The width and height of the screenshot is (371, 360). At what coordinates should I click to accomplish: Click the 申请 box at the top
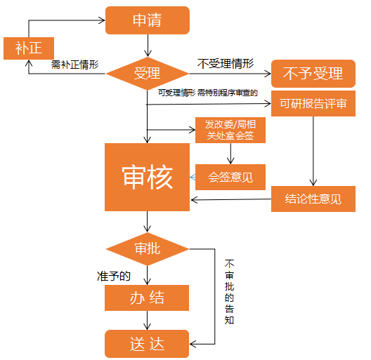pos(148,20)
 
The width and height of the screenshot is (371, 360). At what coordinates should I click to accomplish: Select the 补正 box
pos(29,48)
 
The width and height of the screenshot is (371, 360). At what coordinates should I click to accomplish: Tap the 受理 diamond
pos(148,74)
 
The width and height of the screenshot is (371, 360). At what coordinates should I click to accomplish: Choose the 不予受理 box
pos(313,74)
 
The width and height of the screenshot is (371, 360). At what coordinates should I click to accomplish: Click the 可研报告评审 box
pos(313,104)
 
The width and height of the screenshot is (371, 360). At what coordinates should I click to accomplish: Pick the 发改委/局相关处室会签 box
pos(230,130)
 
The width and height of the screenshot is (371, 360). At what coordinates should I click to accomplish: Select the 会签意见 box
pos(230,177)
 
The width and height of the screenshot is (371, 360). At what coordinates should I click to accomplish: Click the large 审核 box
pos(147,177)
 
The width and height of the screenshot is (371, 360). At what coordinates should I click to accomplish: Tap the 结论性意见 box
pos(313,199)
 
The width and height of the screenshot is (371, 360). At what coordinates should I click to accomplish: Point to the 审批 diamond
pos(148,249)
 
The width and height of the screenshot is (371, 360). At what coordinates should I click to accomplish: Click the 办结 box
pos(147,298)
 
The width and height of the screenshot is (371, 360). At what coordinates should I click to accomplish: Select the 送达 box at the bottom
pos(147,344)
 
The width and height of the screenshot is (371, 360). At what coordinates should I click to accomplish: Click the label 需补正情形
pos(74,65)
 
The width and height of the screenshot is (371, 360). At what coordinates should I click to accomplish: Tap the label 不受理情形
pos(226,64)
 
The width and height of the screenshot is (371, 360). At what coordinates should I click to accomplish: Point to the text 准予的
pos(114,276)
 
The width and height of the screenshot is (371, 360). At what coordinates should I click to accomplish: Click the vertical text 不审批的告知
pos(229,292)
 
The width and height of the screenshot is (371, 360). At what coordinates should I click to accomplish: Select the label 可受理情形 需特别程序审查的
pos(208,93)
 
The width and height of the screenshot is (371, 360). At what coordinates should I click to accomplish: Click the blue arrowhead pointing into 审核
pos(193,178)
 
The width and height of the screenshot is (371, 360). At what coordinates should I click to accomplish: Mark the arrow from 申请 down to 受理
pos(148,46)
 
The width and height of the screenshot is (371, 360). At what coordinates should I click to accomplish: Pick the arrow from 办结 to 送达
pos(147,320)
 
